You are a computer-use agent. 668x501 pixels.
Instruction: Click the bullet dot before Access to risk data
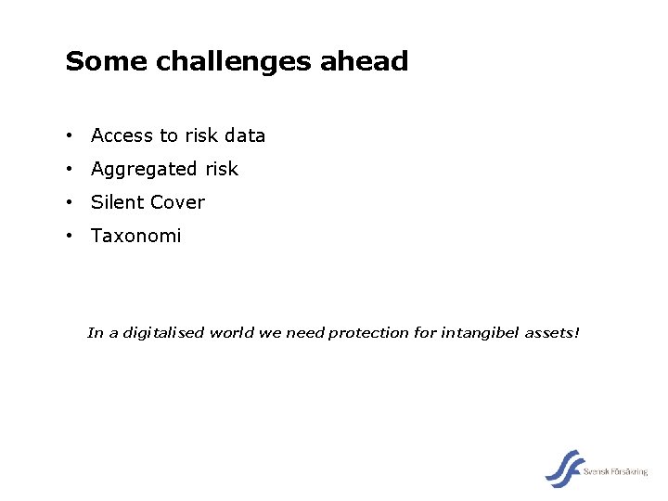pos(70,136)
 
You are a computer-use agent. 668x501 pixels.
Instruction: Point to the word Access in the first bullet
pos(122,135)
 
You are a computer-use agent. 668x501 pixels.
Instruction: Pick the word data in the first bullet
pos(244,135)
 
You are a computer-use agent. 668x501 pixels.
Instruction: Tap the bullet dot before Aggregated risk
pos(70,170)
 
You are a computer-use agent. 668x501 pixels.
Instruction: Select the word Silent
pos(115,202)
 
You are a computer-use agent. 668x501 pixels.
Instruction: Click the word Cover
pos(176,202)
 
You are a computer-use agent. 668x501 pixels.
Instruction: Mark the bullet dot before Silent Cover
pos(70,203)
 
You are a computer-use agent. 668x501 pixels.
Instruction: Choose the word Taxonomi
pos(135,237)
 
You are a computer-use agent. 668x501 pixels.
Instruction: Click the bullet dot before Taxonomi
pos(70,237)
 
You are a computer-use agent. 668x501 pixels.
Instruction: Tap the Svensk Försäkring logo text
pos(616,472)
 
